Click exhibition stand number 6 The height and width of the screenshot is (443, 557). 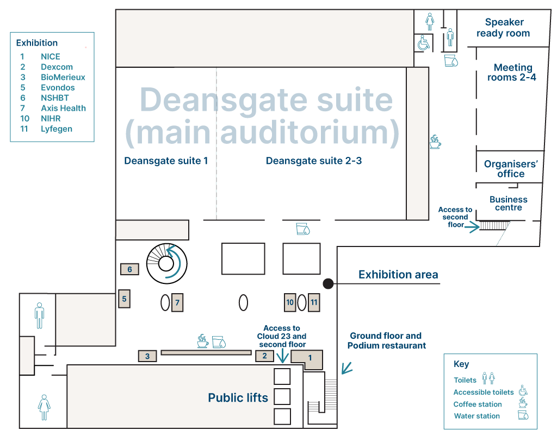[x=129, y=269]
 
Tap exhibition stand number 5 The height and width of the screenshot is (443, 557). [x=124, y=299]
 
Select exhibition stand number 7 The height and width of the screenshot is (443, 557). [x=177, y=302]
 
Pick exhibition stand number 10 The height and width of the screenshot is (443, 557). [x=290, y=302]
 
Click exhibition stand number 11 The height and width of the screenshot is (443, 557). [x=313, y=302]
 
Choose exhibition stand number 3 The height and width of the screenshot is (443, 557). [x=147, y=356]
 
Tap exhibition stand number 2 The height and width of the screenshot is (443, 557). [x=264, y=356]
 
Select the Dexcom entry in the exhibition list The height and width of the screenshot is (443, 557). [x=57, y=67]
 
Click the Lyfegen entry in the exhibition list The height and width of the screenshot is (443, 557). [x=57, y=129]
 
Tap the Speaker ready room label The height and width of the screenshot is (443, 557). [x=503, y=28]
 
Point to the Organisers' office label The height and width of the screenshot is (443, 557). [x=511, y=169]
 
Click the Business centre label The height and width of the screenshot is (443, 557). [x=509, y=204]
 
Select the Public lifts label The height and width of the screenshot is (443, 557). [x=238, y=398]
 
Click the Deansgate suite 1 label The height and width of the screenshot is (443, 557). [x=166, y=161]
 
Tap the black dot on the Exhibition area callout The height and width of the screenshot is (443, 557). [x=329, y=283]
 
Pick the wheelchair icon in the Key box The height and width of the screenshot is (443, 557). [x=523, y=391]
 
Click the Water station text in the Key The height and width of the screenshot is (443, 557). [x=477, y=416]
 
